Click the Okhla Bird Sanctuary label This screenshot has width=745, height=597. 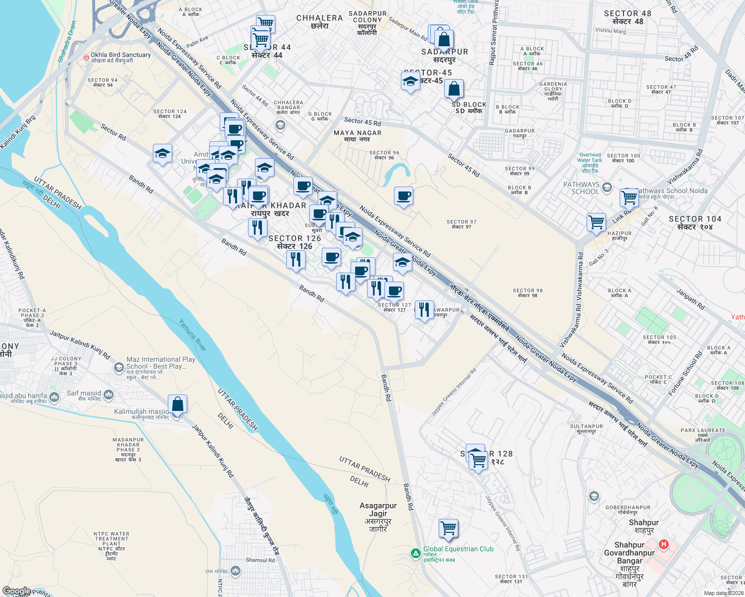121,55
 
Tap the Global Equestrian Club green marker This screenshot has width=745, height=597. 415,553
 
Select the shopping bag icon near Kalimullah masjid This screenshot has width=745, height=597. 177,404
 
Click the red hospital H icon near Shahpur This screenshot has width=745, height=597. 663,544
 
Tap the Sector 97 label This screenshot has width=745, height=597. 461,224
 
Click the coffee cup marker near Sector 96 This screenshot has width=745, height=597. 403,196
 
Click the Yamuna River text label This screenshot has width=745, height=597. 192,335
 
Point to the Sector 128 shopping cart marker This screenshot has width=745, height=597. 478,460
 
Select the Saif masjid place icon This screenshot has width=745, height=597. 109,395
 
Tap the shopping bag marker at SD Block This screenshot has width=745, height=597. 454,89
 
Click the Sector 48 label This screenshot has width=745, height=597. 627,17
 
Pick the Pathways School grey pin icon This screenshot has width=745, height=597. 607,188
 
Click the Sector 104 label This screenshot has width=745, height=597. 695,222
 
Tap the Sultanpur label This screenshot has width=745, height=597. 586,429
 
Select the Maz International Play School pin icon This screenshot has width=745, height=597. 119,367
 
